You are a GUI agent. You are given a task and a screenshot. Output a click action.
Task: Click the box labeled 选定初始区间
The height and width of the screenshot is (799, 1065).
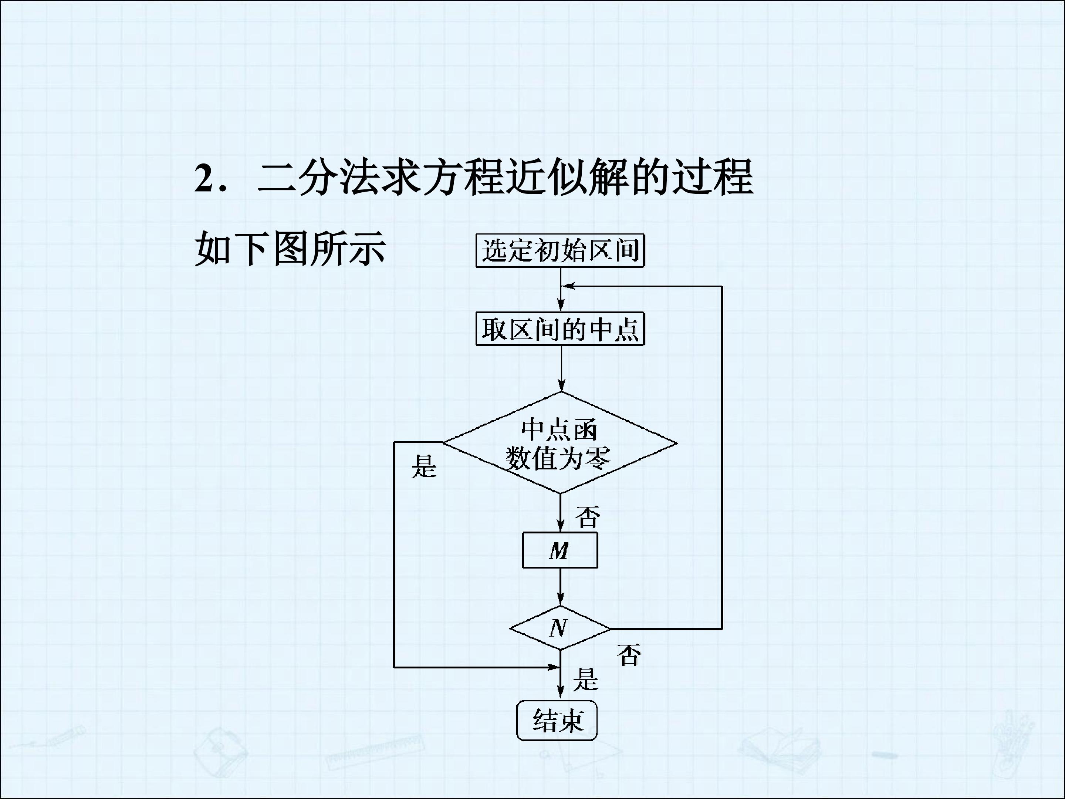point(560,250)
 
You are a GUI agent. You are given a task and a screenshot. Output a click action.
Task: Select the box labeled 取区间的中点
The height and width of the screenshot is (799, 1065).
point(560,329)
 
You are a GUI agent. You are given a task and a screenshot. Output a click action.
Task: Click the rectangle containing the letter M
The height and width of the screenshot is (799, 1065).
point(560,550)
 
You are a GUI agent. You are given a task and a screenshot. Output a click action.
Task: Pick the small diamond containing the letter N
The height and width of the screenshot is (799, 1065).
point(560,628)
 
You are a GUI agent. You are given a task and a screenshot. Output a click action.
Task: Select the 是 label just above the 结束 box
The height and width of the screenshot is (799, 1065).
point(585,680)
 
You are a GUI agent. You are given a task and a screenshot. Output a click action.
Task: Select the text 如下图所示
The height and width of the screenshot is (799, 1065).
point(290,249)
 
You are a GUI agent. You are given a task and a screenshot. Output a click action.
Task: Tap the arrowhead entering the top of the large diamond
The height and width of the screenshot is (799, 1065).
point(561,385)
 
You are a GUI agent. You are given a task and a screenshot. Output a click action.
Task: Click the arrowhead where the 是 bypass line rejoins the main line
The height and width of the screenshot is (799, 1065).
point(553,668)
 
